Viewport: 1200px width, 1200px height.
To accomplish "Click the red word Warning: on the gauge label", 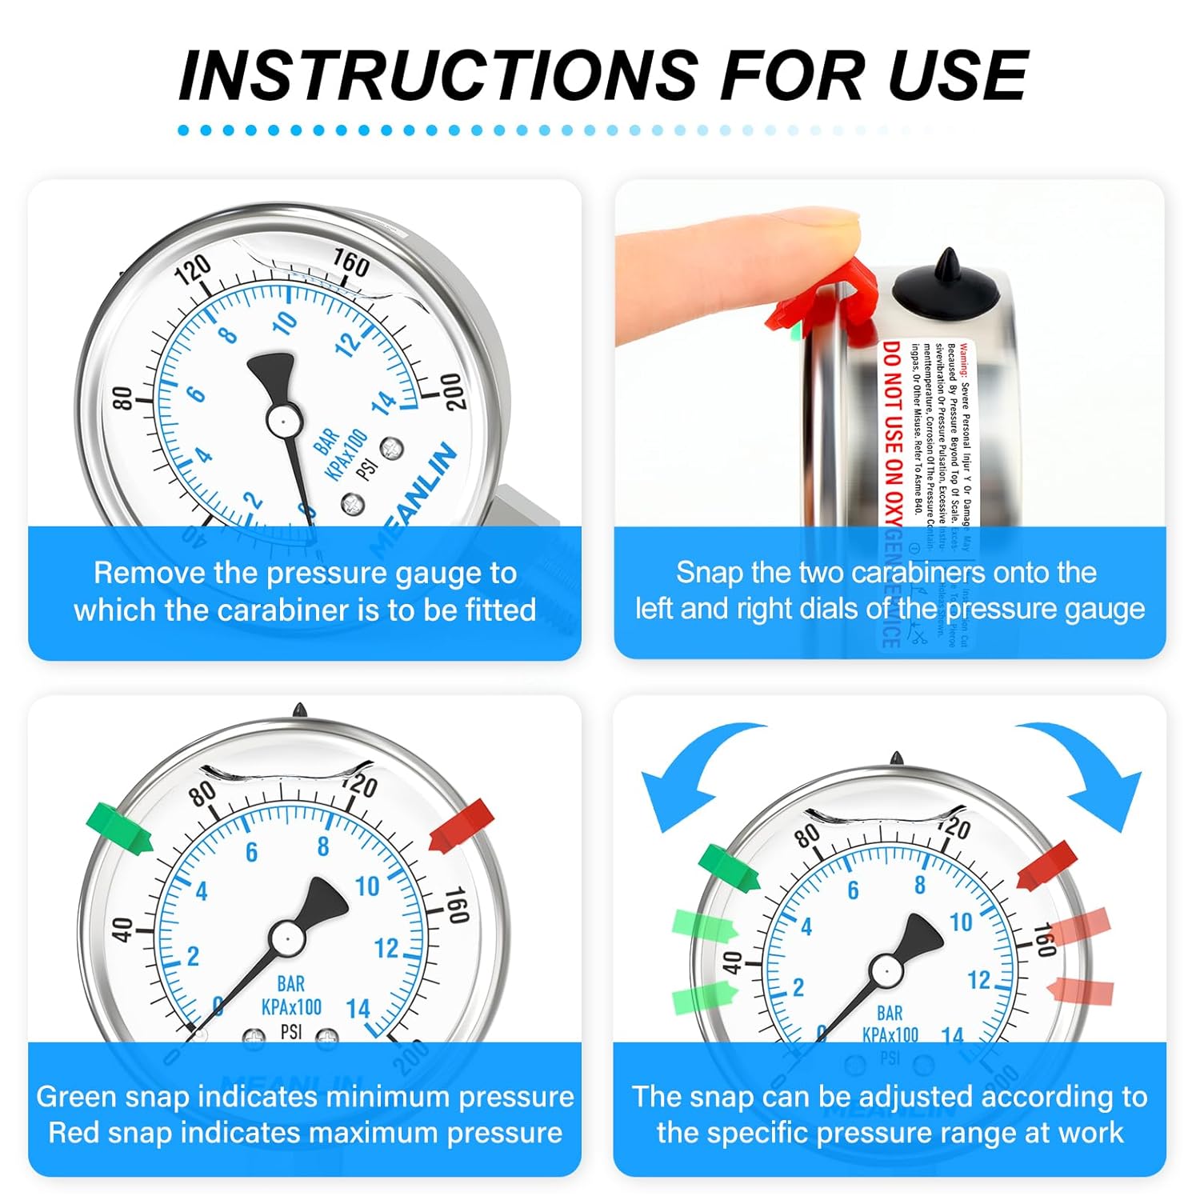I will tap(965, 360).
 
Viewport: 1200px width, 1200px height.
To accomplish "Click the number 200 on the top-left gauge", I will tap(453, 392).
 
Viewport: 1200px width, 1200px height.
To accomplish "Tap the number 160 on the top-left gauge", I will tap(350, 262).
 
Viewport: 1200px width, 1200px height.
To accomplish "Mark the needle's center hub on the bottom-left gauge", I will tap(286, 937).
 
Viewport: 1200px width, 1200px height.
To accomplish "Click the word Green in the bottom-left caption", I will tap(77, 1097).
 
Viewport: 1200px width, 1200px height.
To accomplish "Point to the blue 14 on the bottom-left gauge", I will tap(358, 1009).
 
